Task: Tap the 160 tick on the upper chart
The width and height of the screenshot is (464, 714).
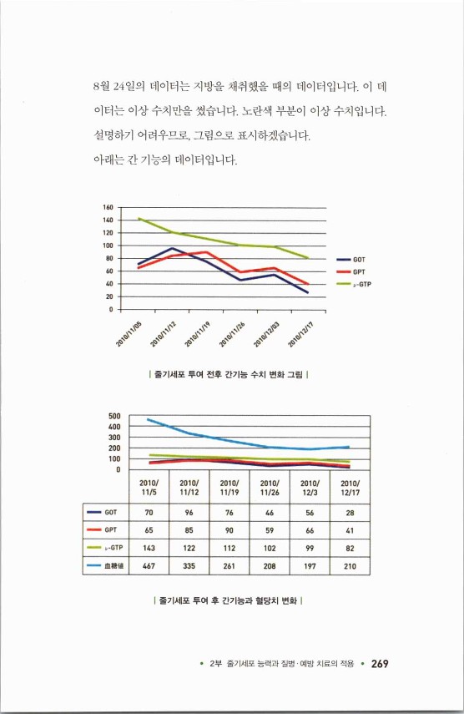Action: tap(108, 207)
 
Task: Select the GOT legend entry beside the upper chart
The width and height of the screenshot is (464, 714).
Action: tap(358, 260)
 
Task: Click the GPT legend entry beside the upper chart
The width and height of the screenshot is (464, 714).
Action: tap(358, 271)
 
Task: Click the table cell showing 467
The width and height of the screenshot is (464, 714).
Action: tap(149, 565)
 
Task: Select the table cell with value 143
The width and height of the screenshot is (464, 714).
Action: tap(149, 547)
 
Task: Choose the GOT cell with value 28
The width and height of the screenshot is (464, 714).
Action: tap(350, 511)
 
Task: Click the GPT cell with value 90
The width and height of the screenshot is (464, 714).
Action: tap(229, 529)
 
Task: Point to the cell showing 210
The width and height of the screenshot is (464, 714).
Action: tap(350, 565)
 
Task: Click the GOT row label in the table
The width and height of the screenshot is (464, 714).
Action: tap(106, 511)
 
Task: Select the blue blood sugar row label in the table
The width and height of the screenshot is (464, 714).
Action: tap(106, 565)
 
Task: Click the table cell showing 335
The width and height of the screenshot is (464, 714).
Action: tap(189, 565)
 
